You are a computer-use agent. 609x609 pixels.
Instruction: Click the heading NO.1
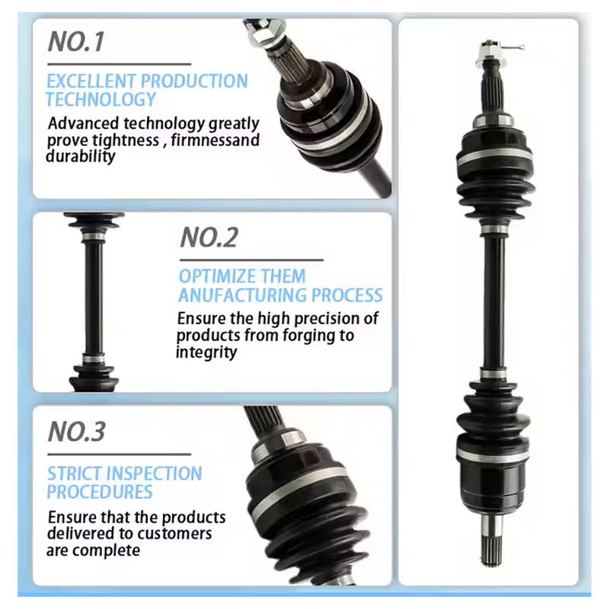[x=75, y=42]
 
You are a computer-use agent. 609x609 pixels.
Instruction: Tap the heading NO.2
[x=209, y=238]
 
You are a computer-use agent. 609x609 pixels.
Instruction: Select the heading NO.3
[x=76, y=432]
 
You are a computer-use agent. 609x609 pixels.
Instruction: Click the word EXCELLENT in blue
[x=91, y=81]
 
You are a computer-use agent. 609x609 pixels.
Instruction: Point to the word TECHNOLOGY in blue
[x=100, y=99]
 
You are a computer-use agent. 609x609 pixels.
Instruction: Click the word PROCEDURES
[x=100, y=492]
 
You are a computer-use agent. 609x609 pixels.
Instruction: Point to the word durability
[x=81, y=156]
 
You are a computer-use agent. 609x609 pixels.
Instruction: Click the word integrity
[x=206, y=352]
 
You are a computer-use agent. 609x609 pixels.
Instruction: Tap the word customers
[x=177, y=534]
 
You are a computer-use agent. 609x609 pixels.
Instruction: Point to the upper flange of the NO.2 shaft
[x=94, y=220]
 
